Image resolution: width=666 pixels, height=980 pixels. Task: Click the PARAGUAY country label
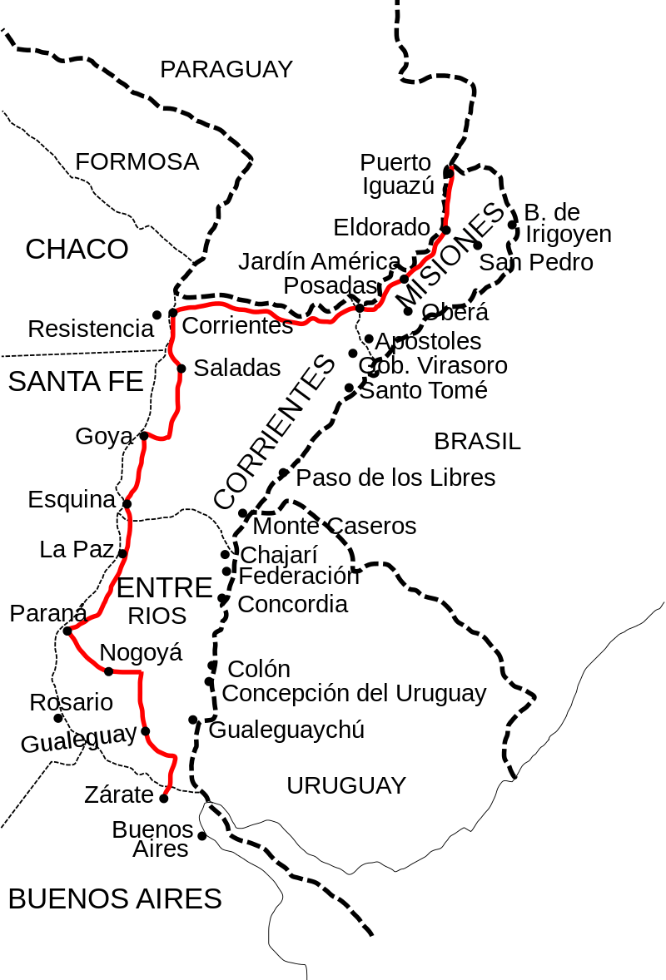pos(226,70)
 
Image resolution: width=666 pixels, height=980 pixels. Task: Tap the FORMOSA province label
pos(137,162)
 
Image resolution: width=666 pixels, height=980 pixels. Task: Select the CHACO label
pos(77,249)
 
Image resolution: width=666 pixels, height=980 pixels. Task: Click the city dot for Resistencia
pos(157,314)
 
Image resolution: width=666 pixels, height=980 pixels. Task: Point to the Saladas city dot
pos(181,368)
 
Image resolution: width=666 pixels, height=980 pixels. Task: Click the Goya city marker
pos(143,435)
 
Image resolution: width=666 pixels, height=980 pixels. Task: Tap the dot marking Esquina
pos(127,503)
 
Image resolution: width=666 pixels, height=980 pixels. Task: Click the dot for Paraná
pos(67,631)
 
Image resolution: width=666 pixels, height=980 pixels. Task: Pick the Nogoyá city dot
pos(108,671)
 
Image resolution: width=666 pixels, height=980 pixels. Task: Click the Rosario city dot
pos(58,718)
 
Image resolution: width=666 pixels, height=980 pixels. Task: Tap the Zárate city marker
pos(163,798)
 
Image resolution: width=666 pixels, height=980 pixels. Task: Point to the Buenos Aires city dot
pos(201,835)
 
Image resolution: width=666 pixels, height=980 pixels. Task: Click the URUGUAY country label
pos(346,785)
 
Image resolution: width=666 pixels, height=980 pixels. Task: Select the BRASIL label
pos(477,442)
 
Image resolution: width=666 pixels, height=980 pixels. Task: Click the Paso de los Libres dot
pos(284,473)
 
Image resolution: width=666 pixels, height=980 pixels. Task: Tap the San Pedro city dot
pos(477,245)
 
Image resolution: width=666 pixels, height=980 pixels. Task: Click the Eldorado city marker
pos(445,230)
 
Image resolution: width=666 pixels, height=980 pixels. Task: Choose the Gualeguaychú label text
pos(286,730)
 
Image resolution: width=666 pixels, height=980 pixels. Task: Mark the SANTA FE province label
pos(76,382)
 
